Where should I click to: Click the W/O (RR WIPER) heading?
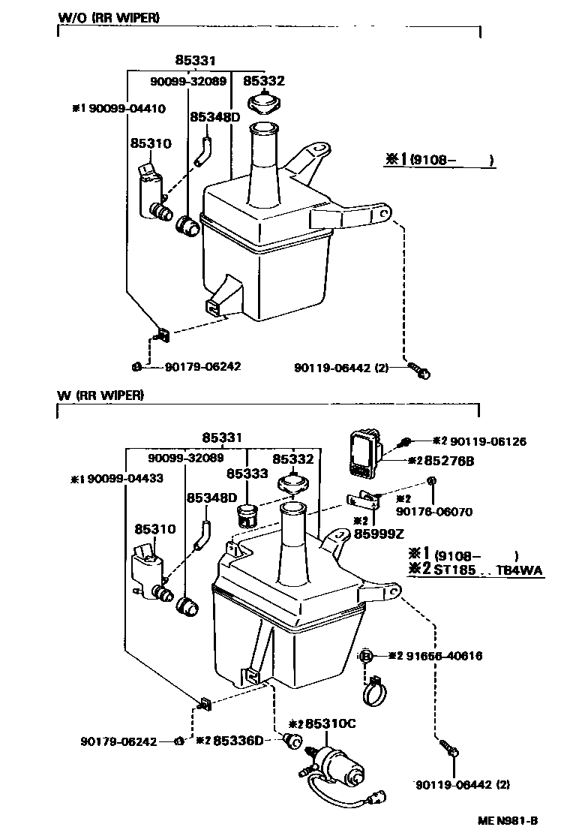click(108, 17)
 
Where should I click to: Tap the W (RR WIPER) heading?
click(100, 395)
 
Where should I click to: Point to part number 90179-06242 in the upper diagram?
click(193, 366)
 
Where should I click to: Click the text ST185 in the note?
click(452, 570)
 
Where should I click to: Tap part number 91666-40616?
click(445, 655)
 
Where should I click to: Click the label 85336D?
click(238, 741)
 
